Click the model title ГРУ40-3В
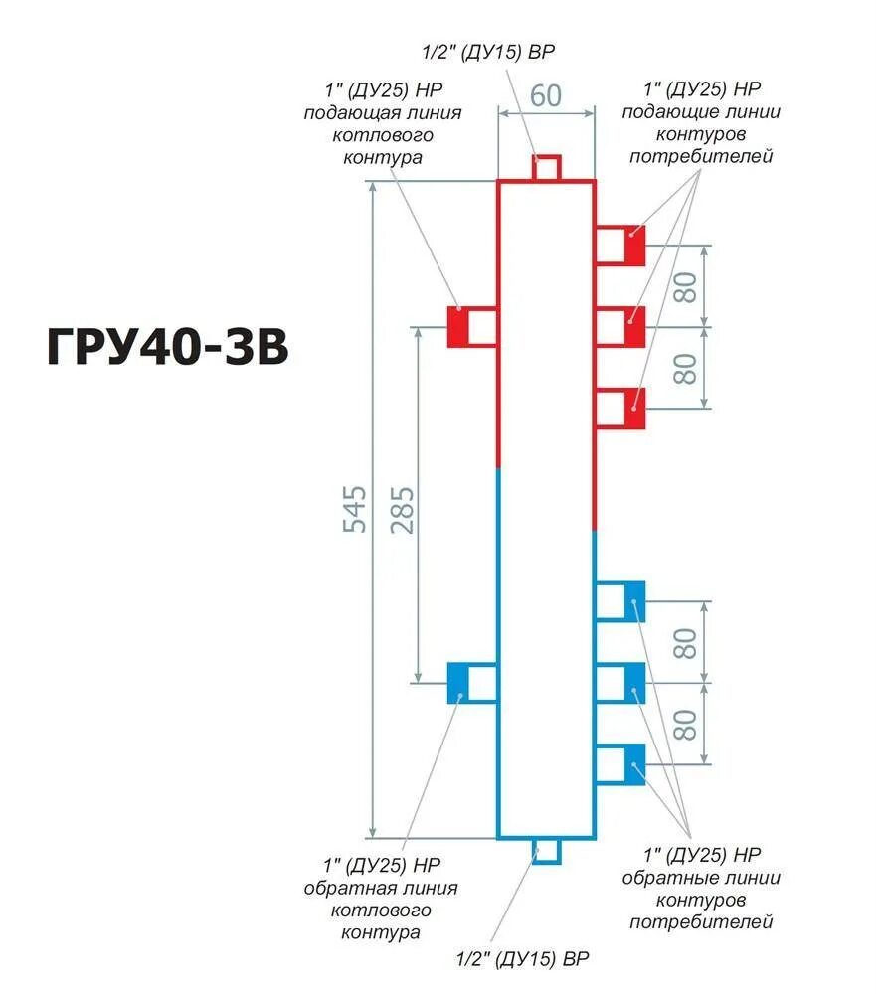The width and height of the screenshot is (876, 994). [x=167, y=348]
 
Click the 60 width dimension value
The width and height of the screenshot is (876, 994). [x=545, y=96]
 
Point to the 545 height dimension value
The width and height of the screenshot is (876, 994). [x=355, y=509]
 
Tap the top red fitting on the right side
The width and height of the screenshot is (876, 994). [x=620, y=245]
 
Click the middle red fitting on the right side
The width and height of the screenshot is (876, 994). [x=620, y=326]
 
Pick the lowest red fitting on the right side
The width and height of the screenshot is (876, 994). [x=620, y=408]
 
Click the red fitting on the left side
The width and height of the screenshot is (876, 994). [x=471, y=326]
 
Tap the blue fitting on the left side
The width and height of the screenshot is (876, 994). [x=471, y=682]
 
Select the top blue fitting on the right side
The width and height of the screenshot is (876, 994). [x=620, y=601]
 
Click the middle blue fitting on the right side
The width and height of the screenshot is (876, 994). [x=620, y=682]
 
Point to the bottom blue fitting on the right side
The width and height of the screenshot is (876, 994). [x=620, y=763]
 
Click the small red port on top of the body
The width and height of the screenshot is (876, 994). [x=546, y=168]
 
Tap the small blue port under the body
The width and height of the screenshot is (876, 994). [x=546, y=851]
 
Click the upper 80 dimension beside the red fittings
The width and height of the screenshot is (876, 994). [x=685, y=286]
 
